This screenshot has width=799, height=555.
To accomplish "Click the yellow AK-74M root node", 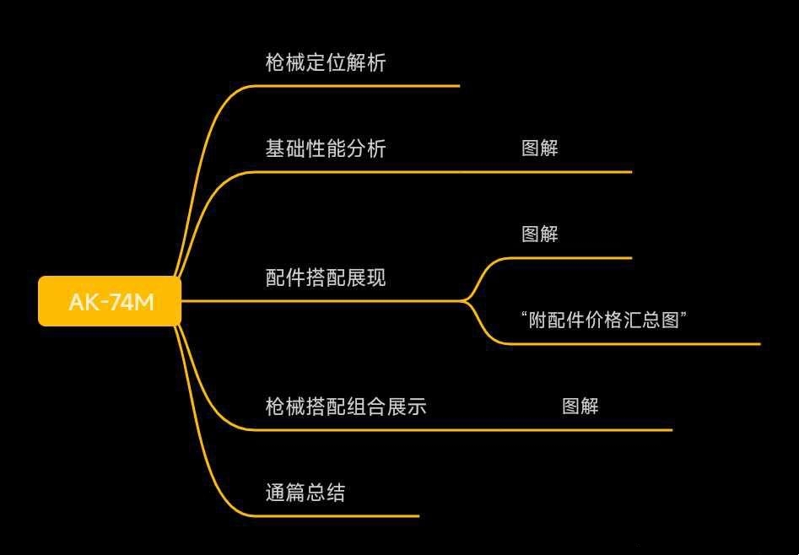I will click(110, 301).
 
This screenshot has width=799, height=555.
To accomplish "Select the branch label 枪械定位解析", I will click(326, 62).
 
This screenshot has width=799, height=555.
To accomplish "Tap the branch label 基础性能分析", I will click(326, 148).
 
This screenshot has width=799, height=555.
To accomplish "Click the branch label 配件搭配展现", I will click(326, 277).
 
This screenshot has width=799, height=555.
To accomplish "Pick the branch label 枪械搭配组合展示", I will click(346, 407).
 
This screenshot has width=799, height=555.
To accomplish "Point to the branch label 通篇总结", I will click(305, 493).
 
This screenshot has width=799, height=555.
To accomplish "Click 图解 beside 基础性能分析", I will click(540, 148).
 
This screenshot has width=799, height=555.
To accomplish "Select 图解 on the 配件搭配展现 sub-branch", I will click(540, 234).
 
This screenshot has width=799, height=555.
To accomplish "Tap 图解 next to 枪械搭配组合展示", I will click(580, 407).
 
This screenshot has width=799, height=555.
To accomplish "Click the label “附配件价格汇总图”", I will click(604, 320).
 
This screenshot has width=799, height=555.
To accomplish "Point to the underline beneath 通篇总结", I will click(337, 515).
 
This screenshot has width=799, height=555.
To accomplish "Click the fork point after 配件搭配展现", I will click(465, 300).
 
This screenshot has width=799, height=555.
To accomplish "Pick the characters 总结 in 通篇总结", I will click(326, 493).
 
